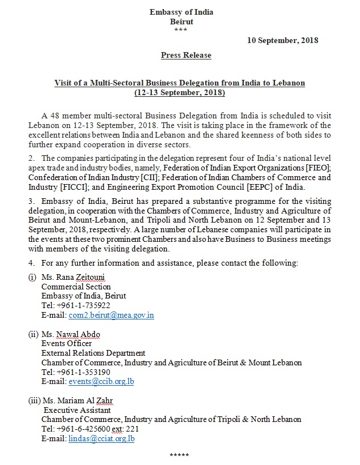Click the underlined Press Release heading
point(186,55)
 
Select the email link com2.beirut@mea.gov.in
point(111,314)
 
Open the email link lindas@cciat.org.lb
point(101,438)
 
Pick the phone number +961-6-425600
point(83,429)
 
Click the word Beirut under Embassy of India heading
point(181,22)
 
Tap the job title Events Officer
point(66,344)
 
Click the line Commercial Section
point(76,287)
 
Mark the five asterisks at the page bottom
point(179,455)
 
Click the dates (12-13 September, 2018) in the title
point(180,92)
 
